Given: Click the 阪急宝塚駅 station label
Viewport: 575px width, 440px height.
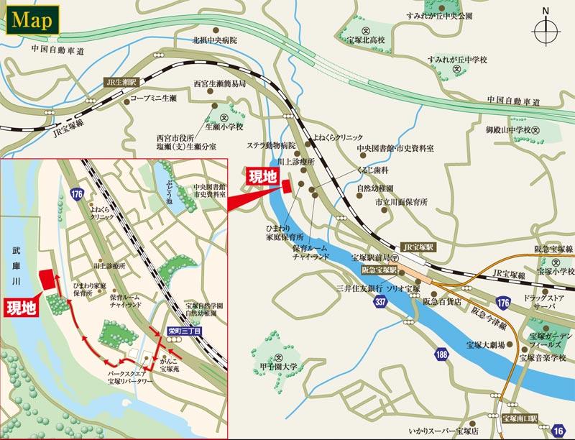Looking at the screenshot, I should (x=379, y=271).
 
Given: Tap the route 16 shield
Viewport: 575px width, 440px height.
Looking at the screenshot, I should (x=560, y=429).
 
